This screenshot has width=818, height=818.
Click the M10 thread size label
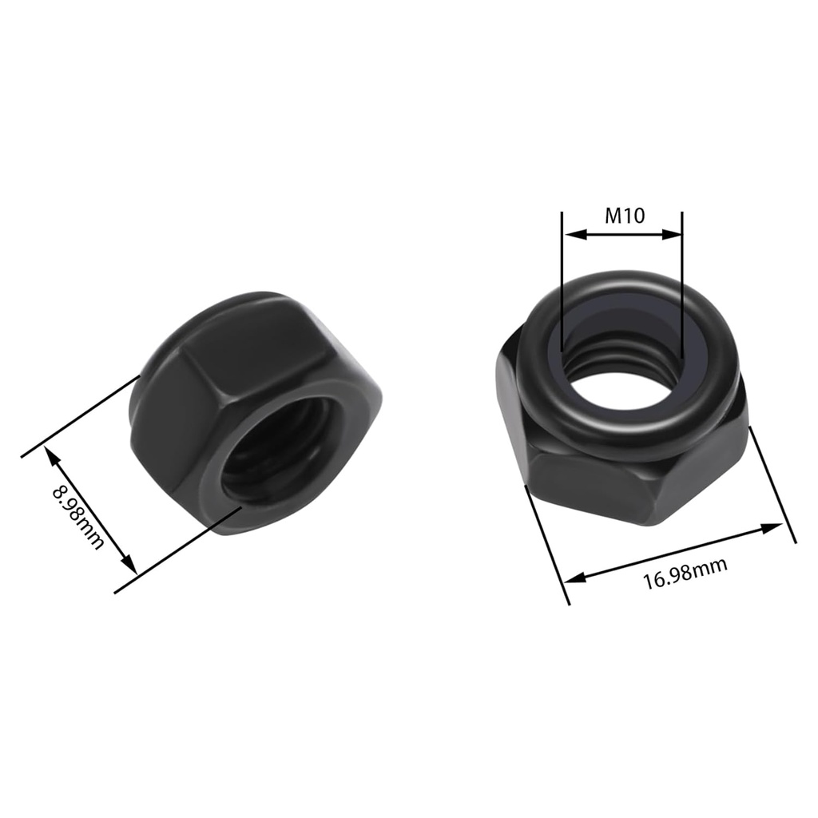coord(624,215)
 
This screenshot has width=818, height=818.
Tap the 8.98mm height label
coord(77,515)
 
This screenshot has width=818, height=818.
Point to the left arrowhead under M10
coord(570,235)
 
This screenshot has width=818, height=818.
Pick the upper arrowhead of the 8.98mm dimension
coord(50,454)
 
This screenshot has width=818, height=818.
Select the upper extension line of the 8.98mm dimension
coord(80,415)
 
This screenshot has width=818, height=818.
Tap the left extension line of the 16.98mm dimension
coord(547,543)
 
